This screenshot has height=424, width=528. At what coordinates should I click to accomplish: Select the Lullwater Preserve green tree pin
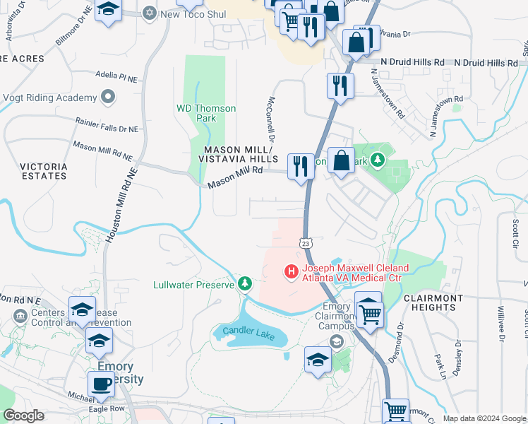(x=245, y=284)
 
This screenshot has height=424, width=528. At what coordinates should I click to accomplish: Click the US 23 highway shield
(x=306, y=242)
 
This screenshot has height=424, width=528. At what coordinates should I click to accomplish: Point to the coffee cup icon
(x=101, y=384)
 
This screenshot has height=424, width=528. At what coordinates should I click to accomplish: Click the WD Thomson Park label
(x=206, y=113)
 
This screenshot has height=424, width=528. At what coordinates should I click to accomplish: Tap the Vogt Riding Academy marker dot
(x=107, y=97)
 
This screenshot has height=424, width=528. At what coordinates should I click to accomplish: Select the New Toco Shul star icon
(x=150, y=13)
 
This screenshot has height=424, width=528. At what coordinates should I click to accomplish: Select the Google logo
(x=23, y=416)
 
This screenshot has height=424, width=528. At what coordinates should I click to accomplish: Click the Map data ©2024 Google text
(x=484, y=418)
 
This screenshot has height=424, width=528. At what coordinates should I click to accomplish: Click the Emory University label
(x=120, y=373)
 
